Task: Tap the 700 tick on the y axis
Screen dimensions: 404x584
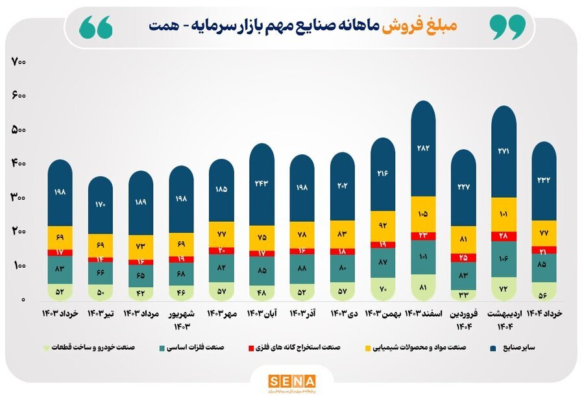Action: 18,62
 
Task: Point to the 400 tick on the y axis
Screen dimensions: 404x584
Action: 18,164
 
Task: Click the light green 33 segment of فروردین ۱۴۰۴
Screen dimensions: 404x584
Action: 463,295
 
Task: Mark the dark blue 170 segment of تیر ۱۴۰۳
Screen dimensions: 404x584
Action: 101,205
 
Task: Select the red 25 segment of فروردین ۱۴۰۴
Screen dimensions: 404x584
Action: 463,257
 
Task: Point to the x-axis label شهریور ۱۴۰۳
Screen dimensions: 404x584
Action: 181,319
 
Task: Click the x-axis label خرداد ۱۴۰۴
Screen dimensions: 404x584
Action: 544,314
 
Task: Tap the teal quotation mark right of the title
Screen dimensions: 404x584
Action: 507,26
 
